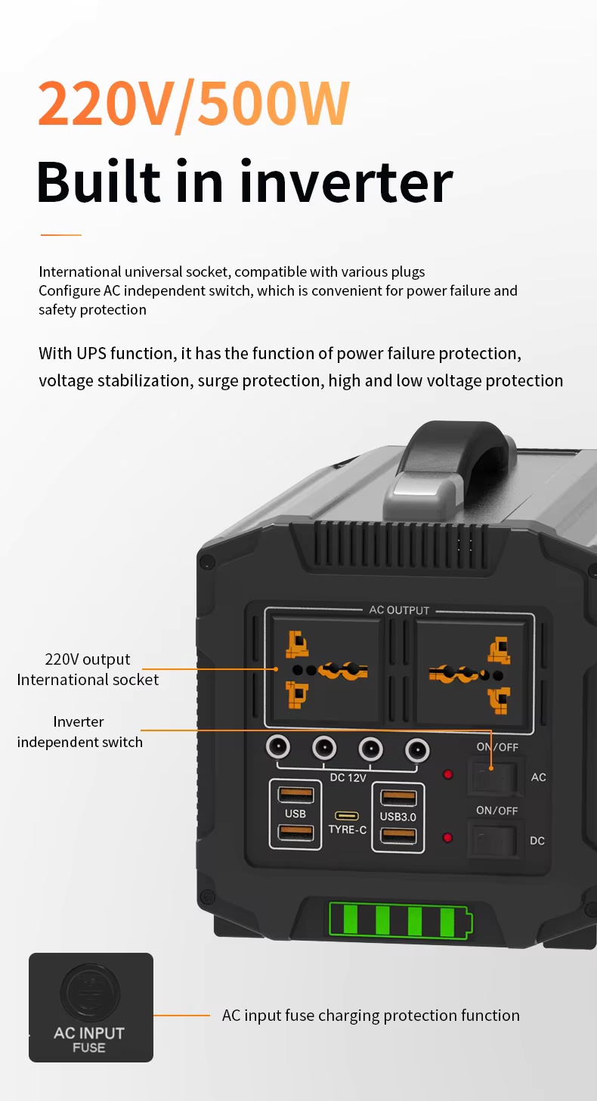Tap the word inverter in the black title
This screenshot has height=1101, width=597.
point(350,181)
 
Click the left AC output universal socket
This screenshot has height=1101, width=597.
point(326,669)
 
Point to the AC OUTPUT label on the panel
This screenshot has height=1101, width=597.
point(399,610)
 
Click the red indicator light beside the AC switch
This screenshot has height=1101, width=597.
point(447,774)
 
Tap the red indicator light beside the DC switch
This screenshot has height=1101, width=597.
point(447,837)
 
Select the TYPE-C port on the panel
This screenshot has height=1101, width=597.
point(347,816)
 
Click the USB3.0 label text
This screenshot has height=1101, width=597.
point(397,817)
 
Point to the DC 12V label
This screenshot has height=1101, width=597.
point(348,777)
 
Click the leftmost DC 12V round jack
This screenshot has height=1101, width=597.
point(278,748)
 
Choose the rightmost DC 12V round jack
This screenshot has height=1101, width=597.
point(417,749)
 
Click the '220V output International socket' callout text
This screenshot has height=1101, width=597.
point(88,669)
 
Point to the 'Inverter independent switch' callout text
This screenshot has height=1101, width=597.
point(79,732)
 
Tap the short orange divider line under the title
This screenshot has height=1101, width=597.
point(60,235)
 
